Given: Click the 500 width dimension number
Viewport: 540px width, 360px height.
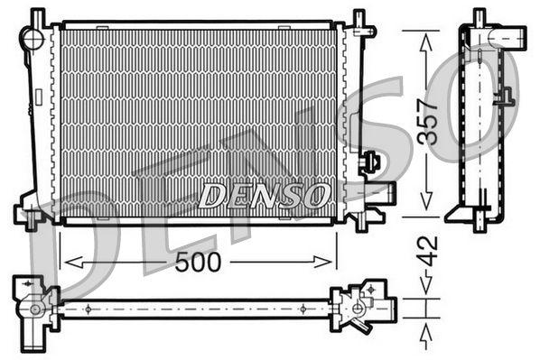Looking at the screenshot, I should [x=197, y=263].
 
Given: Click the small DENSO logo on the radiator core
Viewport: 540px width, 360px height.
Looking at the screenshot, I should [x=264, y=193].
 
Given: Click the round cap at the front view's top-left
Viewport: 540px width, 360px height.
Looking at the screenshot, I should [x=33, y=39].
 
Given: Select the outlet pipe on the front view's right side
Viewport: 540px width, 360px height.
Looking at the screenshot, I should [x=378, y=192].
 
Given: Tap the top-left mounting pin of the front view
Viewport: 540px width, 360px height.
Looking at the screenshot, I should [x=37, y=16].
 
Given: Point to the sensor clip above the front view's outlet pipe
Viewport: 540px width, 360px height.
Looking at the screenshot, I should [x=369, y=162].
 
